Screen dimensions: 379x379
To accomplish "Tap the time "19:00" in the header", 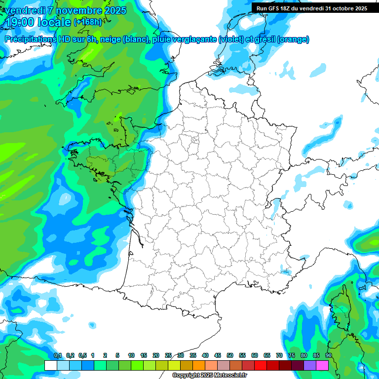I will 20,22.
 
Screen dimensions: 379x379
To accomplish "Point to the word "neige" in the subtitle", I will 109,39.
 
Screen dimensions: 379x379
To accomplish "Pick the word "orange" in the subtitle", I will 294,39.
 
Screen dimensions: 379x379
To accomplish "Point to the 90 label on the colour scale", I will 328,355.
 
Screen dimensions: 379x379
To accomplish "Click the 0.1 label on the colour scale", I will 58,355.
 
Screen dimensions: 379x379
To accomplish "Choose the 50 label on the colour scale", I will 230,355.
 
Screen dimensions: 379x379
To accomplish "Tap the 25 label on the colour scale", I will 168,355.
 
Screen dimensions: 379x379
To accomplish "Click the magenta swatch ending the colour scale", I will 322,365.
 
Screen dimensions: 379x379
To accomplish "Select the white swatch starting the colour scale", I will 51,365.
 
